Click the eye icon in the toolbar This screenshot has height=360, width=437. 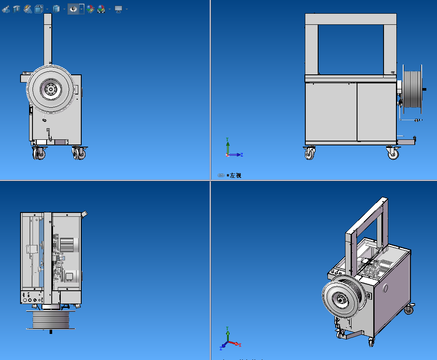(73, 9)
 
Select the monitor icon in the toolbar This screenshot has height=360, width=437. (118, 9)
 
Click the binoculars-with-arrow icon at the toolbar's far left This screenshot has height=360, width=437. (6, 9)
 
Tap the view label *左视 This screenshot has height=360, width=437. (233, 175)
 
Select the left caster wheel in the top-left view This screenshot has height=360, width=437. (38, 153)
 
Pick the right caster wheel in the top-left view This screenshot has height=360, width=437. (78, 153)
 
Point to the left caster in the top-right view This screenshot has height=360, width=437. (310, 153)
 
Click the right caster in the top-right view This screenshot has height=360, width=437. (393, 153)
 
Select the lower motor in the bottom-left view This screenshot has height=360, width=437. (70, 276)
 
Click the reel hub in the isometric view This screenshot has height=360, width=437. (342, 300)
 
